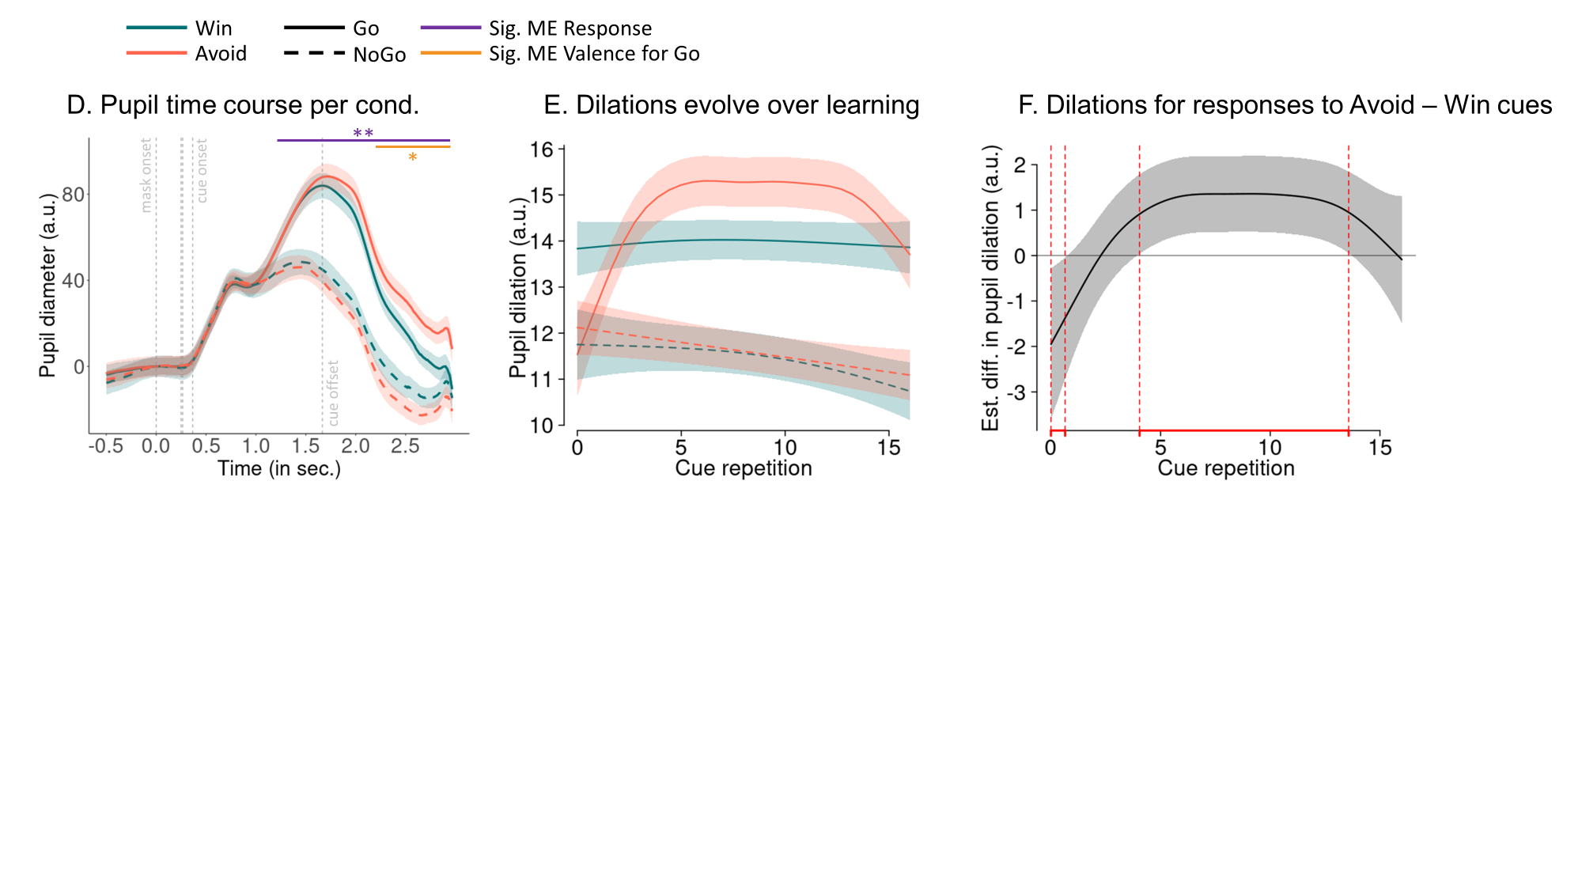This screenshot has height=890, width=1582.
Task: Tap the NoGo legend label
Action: click(379, 55)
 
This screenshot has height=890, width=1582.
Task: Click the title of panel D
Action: click(243, 105)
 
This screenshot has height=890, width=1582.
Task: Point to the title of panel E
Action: click(731, 105)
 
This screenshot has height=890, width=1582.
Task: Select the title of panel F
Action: click(1285, 105)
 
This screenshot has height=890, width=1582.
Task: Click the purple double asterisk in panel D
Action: click(363, 133)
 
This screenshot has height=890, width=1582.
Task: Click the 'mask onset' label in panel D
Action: click(146, 176)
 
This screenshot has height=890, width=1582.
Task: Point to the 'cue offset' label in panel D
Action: click(333, 393)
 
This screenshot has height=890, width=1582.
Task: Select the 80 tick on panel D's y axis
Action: click(73, 195)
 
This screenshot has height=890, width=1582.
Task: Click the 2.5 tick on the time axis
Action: click(405, 446)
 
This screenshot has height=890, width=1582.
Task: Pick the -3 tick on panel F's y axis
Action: click(1019, 392)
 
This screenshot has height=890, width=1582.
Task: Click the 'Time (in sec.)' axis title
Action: click(279, 468)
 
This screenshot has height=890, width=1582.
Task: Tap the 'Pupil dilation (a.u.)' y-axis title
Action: click(518, 287)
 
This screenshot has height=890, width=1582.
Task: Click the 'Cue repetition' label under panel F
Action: click(1225, 468)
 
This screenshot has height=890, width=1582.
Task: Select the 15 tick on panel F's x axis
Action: click(1380, 448)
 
